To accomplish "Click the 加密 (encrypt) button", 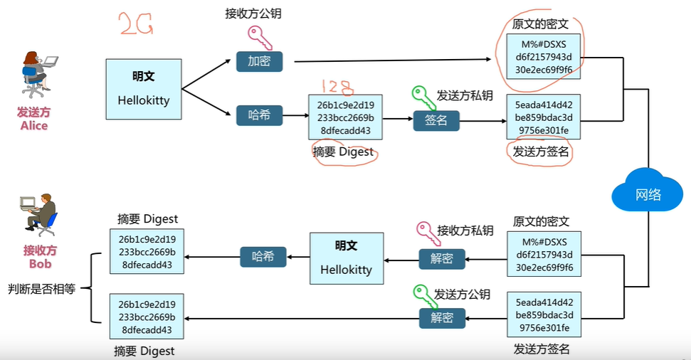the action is tap(259, 61).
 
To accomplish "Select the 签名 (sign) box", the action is tap(436, 120).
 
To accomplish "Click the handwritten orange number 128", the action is tap(337, 87).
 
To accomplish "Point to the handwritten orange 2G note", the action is tap(136, 23).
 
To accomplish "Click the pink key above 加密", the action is tap(259, 37).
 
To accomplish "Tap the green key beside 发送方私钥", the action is tap(423, 97).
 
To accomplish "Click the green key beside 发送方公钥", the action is tap(425, 296).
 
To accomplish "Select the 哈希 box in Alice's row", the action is tap(259, 115).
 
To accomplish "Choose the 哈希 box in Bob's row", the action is tap(263, 257).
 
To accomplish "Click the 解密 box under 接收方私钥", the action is tap(442, 258).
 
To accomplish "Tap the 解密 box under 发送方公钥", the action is tap(442, 318).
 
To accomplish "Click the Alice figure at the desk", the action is tap(38, 74).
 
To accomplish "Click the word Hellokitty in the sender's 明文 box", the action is tap(144, 100).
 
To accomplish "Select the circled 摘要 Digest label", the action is tap(343, 152).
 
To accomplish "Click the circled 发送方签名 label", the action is tap(541, 152).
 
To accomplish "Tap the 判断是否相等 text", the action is tap(42, 289).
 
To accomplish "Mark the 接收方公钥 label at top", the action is tap(253, 14).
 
